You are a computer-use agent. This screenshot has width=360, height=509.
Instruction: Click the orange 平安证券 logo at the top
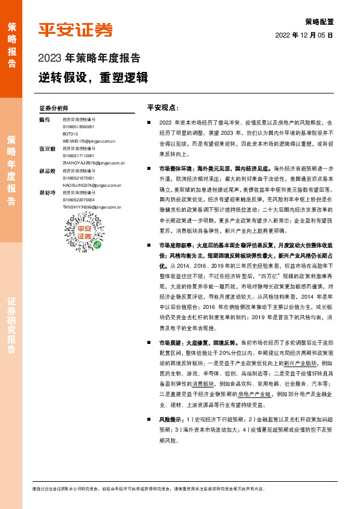tap(75, 30)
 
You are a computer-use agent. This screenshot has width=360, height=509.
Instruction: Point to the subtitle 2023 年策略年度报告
tap(89, 59)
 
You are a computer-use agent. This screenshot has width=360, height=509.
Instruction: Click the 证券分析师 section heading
tap(54, 108)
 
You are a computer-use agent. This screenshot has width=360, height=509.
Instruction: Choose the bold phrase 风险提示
tap(170, 418)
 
